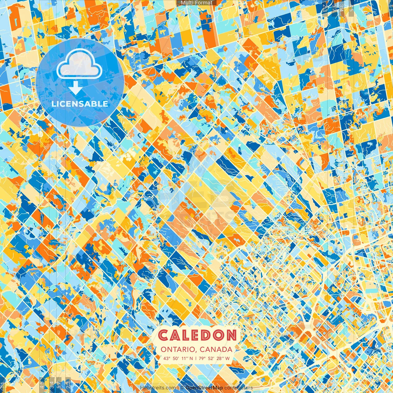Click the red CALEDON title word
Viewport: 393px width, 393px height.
coord(198,335)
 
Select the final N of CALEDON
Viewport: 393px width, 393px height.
coord(232,335)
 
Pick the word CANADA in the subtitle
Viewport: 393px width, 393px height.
coord(216,349)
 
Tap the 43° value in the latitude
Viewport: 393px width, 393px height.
coord(167,358)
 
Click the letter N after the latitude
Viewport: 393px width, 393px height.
coord(191,358)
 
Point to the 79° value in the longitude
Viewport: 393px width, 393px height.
coord(202,358)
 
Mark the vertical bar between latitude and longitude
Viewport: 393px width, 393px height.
coord(196,358)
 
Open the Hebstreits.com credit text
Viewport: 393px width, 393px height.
coord(158,388)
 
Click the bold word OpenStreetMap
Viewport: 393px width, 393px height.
coord(204,388)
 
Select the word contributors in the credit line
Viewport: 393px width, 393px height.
coord(239,388)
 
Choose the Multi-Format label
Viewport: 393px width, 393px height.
coord(196,3)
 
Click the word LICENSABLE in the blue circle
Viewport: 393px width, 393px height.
coord(80,104)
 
